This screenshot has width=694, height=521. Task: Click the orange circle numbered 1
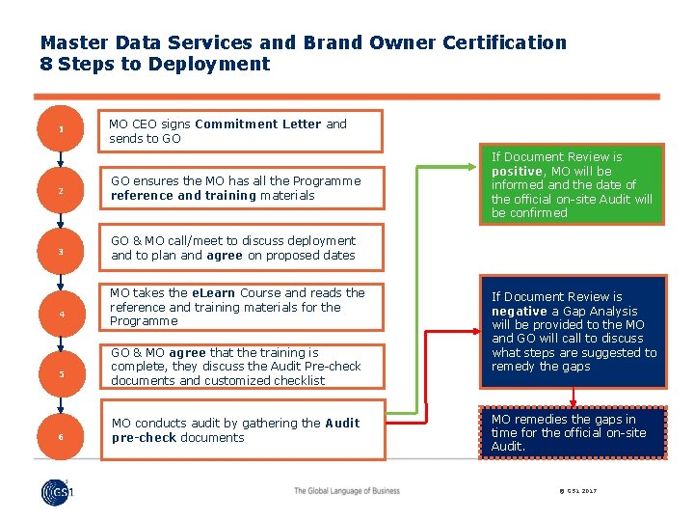(x=60, y=130)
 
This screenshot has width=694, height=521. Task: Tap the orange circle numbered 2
(x=60, y=191)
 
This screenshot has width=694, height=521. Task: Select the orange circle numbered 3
(x=60, y=252)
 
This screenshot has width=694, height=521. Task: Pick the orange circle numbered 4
(x=60, y=314)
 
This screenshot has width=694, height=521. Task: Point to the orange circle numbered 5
(x=60, y=374)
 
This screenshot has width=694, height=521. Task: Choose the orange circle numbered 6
(x=60, y=436)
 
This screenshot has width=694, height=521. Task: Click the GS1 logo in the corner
(x=57, y=492)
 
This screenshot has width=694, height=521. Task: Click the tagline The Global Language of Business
(x=347, y=491)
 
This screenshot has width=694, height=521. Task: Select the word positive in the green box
(x=517, y=171)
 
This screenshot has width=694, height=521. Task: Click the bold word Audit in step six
(x=342, y=424)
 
